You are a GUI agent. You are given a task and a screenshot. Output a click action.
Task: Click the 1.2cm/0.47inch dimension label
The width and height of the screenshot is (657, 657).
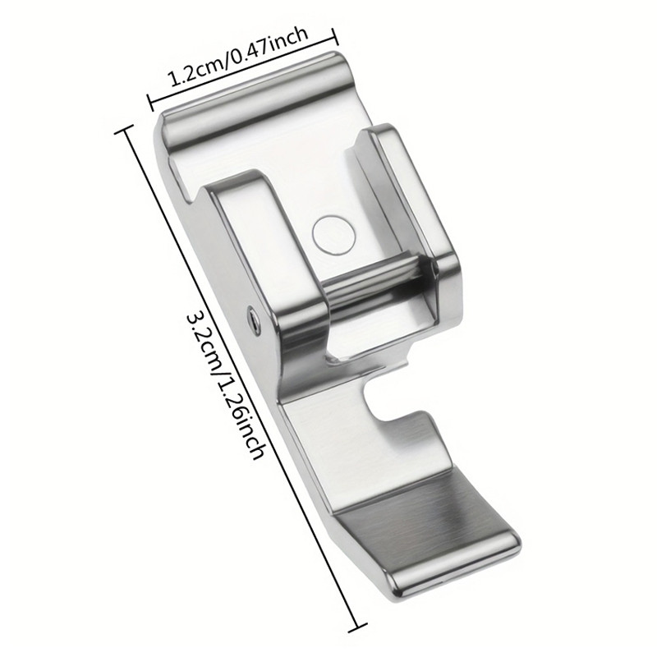(x=238, y=57)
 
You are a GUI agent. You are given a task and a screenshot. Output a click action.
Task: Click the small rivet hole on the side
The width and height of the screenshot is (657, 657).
(x=253, y=315)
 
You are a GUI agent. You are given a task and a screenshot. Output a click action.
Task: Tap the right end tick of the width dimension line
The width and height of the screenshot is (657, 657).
(x=334, y=37)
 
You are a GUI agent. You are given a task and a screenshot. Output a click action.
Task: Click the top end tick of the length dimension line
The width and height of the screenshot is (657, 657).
(x=125, y=129)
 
